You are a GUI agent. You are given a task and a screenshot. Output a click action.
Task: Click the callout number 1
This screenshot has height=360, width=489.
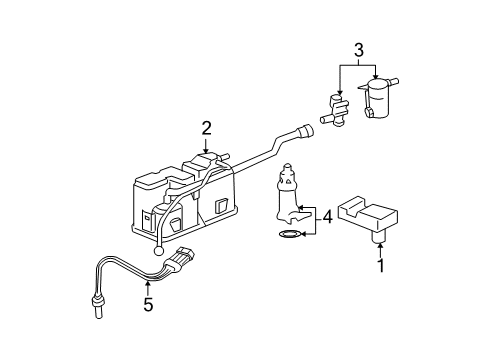tap(381, 267)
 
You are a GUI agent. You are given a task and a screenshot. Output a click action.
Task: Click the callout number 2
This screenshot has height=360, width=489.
tap(207, 127)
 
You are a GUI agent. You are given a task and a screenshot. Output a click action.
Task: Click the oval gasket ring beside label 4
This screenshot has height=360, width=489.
tap(288, 236)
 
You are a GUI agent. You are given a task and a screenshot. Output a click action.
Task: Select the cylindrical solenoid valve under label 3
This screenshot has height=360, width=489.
tap(379, 101)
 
